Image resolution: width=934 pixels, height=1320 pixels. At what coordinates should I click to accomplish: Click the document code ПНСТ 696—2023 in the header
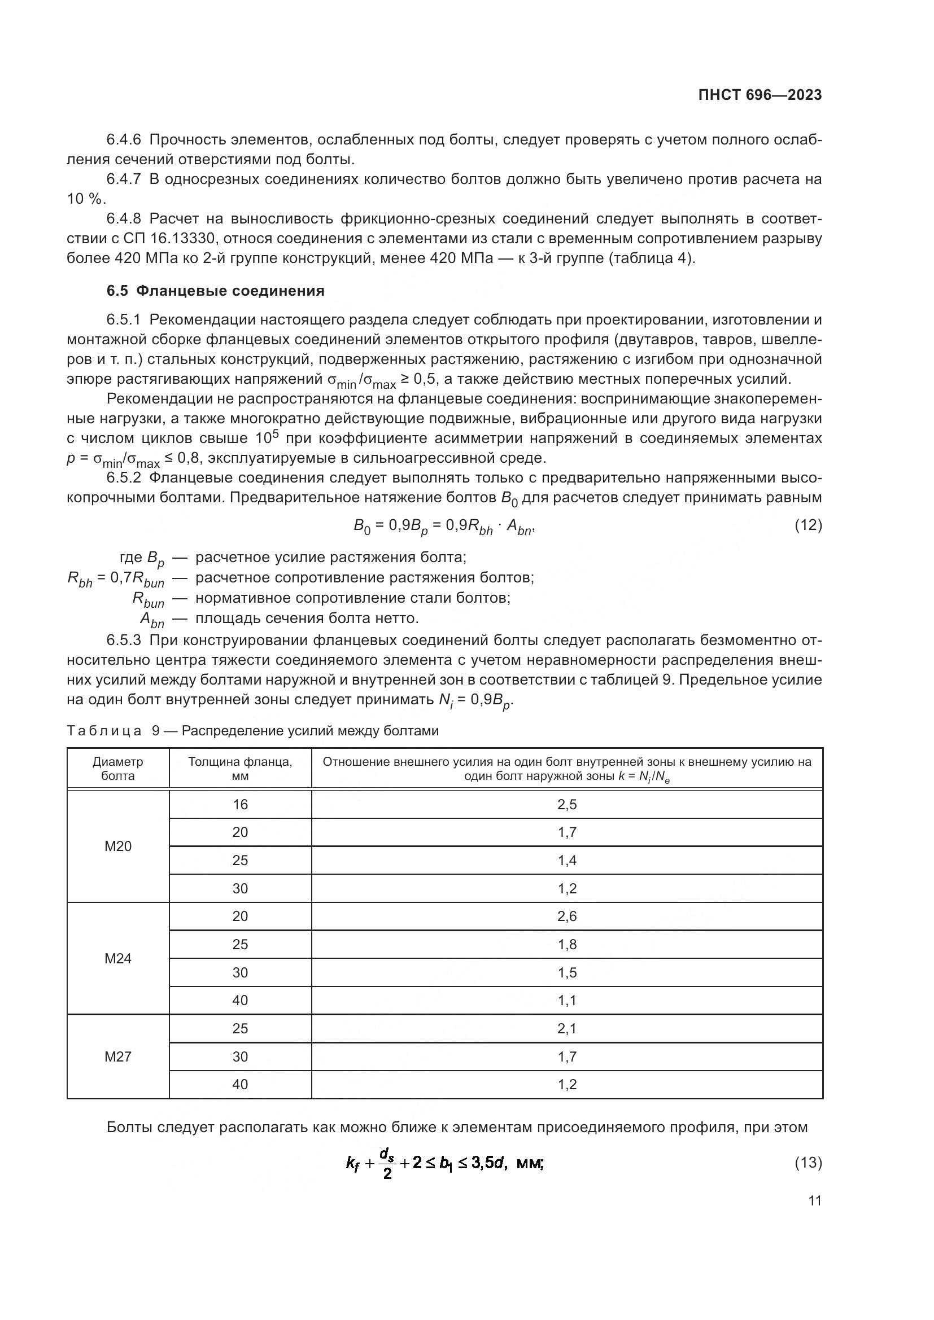pyautogui.click(x=760, y=95)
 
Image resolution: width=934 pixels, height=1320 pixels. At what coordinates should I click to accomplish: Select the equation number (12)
pyautogui.click(x=808, y=525)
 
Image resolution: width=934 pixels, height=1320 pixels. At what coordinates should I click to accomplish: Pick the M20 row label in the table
pyautogui.click(x=118, y=847)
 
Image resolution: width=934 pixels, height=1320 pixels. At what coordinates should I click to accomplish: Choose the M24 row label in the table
pyautogui.click(x=118, y=958)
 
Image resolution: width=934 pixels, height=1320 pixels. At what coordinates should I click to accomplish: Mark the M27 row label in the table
pyautogui.click(x=118, y=1056)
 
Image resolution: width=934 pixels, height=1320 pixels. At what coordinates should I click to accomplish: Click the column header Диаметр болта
pyautogui.click(x=118, y=769)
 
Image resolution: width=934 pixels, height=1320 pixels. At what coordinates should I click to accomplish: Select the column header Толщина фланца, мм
pyautogui.click(x=240, y=769)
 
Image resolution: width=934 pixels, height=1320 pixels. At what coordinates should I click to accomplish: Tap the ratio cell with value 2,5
pyautogui.click(x=566, y=804)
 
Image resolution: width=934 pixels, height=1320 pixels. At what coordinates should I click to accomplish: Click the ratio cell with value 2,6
pyautogui.click(x=566, y=916)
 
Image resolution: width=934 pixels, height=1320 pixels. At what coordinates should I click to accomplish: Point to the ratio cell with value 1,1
pyautogui.click(x=566, y=1001)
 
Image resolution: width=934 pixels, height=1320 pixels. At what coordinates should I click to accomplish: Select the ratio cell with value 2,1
pyautogui.click(x=566, y=1029)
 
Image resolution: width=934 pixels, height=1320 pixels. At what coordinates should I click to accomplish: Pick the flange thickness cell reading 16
pyautogui.click(x=240, y=804)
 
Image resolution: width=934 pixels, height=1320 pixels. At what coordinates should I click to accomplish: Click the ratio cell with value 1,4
pyautogui.click(x=566, y=861)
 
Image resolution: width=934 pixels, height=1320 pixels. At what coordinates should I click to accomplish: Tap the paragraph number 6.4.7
pyautogui.click(x=124, y=179)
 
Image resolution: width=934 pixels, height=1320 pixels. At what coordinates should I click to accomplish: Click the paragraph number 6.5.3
pyautogui.click(x=124, y=641)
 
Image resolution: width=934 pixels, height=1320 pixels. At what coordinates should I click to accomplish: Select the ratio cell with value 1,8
pyautogui.click(x=566, y=945)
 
